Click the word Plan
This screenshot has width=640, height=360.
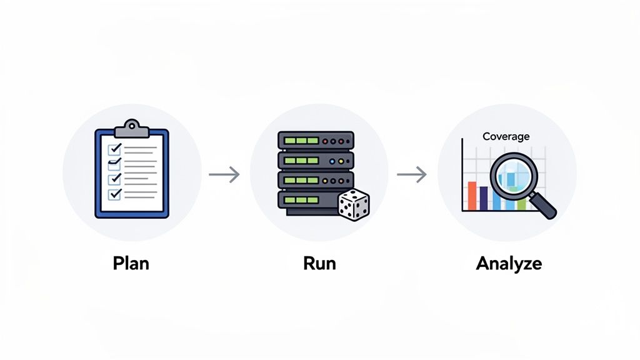pyautogui.click(x=131, y=263)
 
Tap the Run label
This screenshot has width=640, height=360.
pyautogui.click(x=319, y=263)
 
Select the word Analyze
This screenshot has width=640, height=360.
pyautogui.click(x=508, y=263)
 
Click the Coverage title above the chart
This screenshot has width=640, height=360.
pyautogui.click(x=506, y=136)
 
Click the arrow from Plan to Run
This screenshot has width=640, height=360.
pyautogui.click(x=224, y=175)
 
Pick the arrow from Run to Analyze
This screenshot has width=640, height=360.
pyautogui.click(x=412, y=175)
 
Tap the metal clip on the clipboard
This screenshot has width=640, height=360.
pyautogui.click(x=131, y=128)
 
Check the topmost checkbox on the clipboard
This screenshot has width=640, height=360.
pyautogui.click(x=114, y=149)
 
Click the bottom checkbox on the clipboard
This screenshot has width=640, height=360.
pyautogui.click(x=114, y=194)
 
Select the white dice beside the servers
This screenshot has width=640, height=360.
pyautogui.click(x=353, y=206)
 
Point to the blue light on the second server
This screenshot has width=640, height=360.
pyautogui.click(x=331, y=161)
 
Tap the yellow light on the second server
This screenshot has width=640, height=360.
pyautogui.click(x=340, y=161)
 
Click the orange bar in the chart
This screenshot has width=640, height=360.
pyautogui.click(x=472, y=196)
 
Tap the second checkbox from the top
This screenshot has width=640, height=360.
pyautogui.click(x=114, y=164)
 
